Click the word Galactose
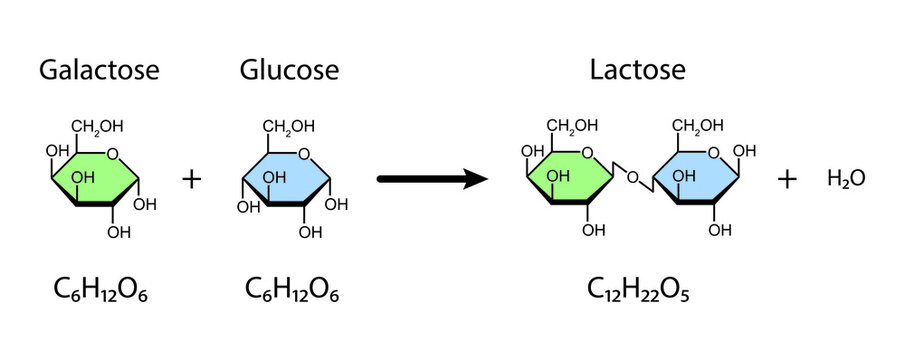[99, 70]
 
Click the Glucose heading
[289, 70]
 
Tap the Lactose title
[637, 70]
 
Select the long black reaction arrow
[431, 179]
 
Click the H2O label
[845, 179]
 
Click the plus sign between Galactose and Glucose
[192, 179]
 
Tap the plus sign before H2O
[788, 179]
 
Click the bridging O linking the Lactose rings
[631, 178]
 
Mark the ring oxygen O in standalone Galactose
[115, 153]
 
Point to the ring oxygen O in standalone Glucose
[307, 153]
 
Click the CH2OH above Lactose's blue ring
[697, 126]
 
